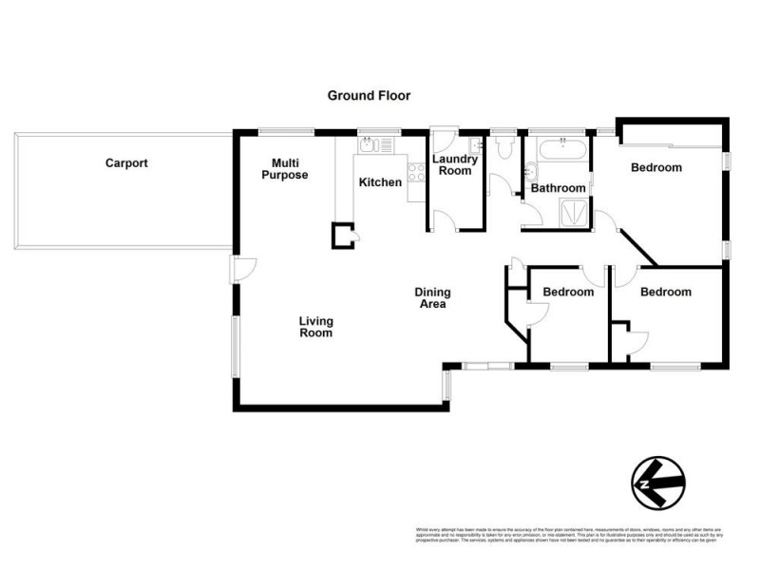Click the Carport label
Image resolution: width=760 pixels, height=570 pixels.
[x=126, y=163]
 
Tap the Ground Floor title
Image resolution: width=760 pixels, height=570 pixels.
[x=369, y=95]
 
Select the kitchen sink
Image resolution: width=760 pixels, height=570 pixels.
[x=370, y=145]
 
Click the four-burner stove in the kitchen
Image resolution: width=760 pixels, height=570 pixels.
[x=416, y=173]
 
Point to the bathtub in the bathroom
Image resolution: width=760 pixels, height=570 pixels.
[x=562, y=148]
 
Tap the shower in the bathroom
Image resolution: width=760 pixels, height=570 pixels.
[x=574, y=214]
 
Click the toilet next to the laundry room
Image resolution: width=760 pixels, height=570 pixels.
[x=503, y=148]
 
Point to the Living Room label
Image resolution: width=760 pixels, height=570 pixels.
[x=315, y=327]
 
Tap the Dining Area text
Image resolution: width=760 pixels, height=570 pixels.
[x=431, y=298]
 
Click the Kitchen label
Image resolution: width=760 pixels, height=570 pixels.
[x=380, y=182]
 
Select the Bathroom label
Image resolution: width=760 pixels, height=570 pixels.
[x=557, y=188]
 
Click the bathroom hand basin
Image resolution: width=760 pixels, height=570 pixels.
[x=530, y=173]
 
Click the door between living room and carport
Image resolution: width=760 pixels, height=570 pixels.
[x=240, y=270]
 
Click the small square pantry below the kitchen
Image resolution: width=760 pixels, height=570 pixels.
[x=342, y=235]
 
